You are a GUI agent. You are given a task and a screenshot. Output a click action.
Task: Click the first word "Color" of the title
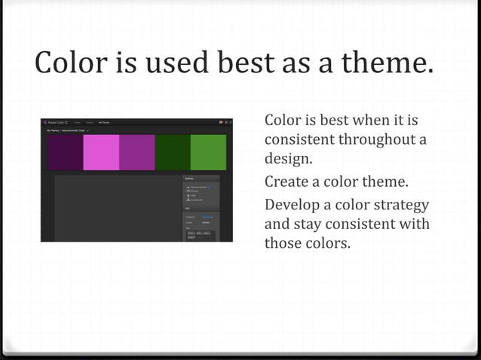72,63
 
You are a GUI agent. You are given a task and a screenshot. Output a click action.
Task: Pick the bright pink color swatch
101,152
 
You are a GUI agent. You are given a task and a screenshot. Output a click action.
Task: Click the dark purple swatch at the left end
65,152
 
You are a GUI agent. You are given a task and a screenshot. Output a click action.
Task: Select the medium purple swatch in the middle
136,152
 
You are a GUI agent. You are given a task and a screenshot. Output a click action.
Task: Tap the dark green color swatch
173,152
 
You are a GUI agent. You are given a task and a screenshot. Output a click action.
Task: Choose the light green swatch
208,152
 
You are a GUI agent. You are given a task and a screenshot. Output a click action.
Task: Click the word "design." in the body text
288,159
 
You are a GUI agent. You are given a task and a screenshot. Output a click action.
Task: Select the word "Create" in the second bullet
286,182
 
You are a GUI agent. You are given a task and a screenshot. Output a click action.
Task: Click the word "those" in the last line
283,243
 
